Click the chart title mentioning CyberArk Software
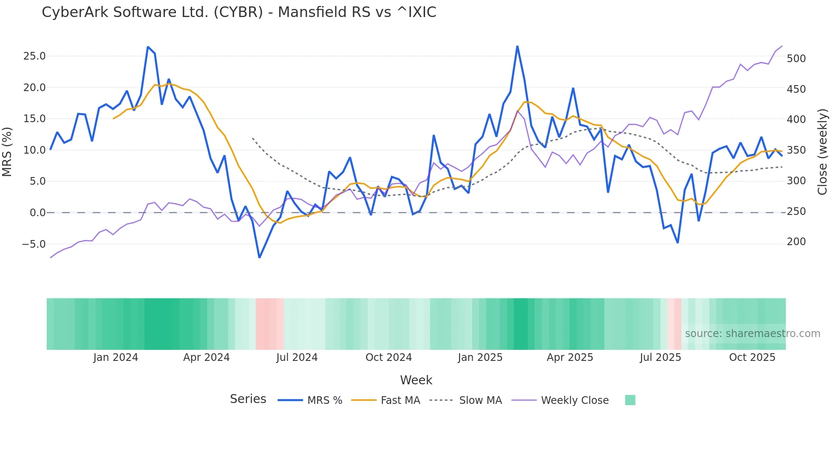coord(239,12)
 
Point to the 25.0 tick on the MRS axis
coord(34,56)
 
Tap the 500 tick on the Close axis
coord(796,59)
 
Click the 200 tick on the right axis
coord(796,242)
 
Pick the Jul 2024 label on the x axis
coord(297,357)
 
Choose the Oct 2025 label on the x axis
coord(752,357)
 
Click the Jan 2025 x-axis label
coord(480,357)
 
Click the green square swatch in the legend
coord(630,400)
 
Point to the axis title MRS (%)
coord(7,152)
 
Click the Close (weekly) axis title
coord(822,152)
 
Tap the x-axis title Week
coord(416,380)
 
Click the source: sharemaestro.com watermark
coord(752,334)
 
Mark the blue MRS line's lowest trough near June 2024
coord(259,257)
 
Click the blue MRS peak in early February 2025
coord(517,46)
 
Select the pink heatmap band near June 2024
coord(269,324)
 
